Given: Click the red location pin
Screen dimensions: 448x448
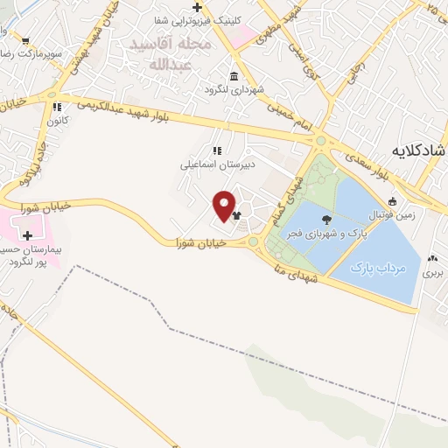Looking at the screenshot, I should [225, 206].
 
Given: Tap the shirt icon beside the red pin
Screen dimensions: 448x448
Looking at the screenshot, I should [236, 213].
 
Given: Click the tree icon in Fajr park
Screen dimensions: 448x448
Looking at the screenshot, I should [326, 220].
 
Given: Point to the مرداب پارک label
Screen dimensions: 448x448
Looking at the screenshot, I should [374, 268].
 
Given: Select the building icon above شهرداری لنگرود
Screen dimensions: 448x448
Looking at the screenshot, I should [234, 75].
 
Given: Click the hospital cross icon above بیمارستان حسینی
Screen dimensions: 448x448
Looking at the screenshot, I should [29, 235].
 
